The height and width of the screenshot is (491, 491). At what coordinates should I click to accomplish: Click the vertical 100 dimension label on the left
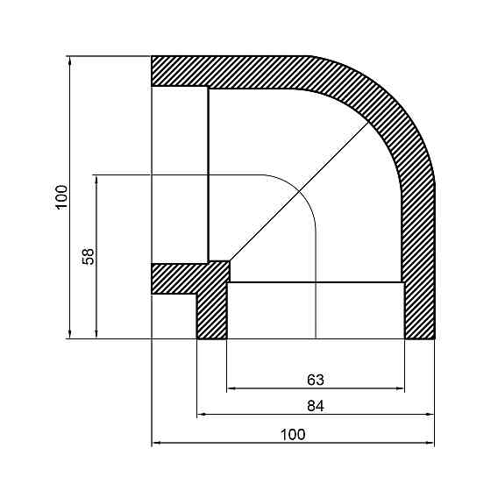(60, 197)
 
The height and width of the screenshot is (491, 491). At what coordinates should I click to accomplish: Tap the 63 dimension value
(316, 380)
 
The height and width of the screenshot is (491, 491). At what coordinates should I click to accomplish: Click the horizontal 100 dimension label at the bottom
(293, 433)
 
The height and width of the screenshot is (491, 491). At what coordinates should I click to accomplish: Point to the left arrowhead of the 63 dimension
(231, 388)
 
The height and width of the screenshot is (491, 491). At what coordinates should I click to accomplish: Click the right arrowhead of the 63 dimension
(401, 388)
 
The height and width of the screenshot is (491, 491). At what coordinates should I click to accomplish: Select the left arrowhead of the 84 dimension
(201, 412)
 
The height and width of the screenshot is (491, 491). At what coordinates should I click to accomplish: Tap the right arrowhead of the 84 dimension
(431, 412)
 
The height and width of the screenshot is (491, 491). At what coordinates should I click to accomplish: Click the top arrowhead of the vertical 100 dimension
(68, 60)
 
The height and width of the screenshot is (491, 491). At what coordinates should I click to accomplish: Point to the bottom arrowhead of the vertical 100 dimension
(68, 333)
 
